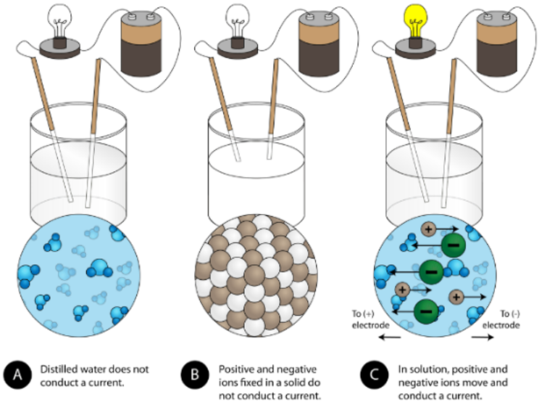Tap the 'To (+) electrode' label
pos(372,320)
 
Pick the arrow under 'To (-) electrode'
pos(483,337)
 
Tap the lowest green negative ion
pos(427,310)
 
